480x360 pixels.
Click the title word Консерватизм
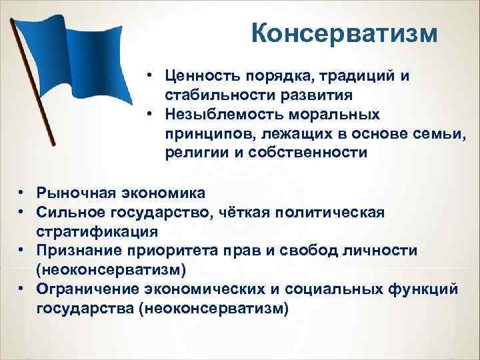345,32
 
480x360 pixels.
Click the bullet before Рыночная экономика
22,193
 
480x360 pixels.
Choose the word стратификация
97,231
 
